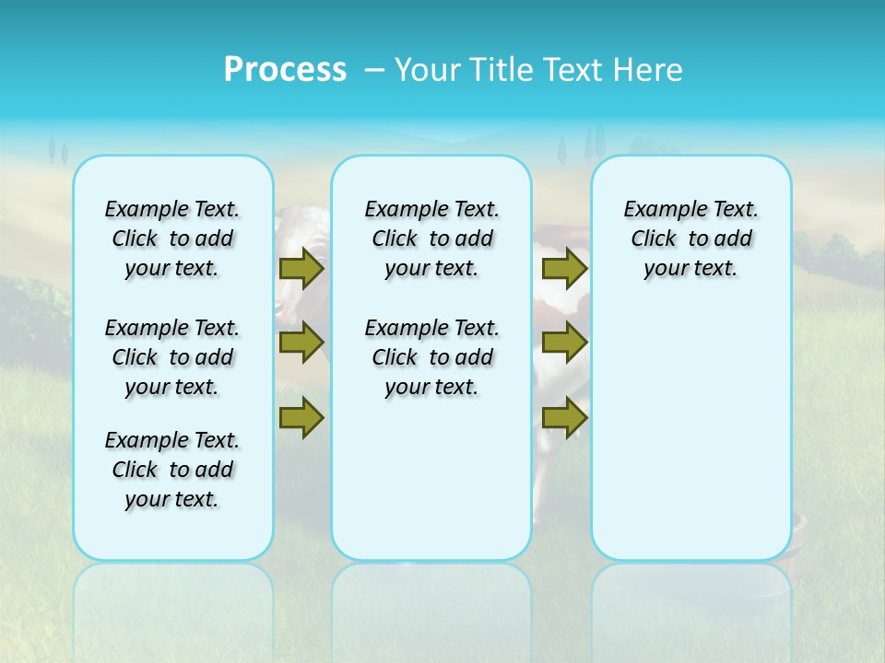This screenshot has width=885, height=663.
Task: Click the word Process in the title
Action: [285, 70]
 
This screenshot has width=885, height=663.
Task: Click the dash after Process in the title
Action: [374, 71]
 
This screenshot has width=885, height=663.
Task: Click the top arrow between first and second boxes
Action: [301, 268]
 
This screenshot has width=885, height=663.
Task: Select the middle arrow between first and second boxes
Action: [301, 343]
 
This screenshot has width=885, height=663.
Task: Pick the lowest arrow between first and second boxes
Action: [301, 417]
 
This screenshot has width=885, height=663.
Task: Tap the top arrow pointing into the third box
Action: [564, 268]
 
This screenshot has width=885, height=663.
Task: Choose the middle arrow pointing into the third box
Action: [564, 343]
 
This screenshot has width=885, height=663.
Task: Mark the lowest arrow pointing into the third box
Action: [564, 417]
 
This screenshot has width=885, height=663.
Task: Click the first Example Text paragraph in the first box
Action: [172, 238]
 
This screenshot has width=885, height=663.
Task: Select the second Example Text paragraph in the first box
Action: [172, 357]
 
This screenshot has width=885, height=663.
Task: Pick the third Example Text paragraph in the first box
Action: [172, 470]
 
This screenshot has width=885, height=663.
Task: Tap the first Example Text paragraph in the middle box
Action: [432, 238]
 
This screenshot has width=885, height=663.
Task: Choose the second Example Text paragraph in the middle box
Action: [432, 357]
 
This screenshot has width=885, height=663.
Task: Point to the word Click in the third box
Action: [654, 239]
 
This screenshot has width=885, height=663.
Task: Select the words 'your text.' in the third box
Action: [690, 269]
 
